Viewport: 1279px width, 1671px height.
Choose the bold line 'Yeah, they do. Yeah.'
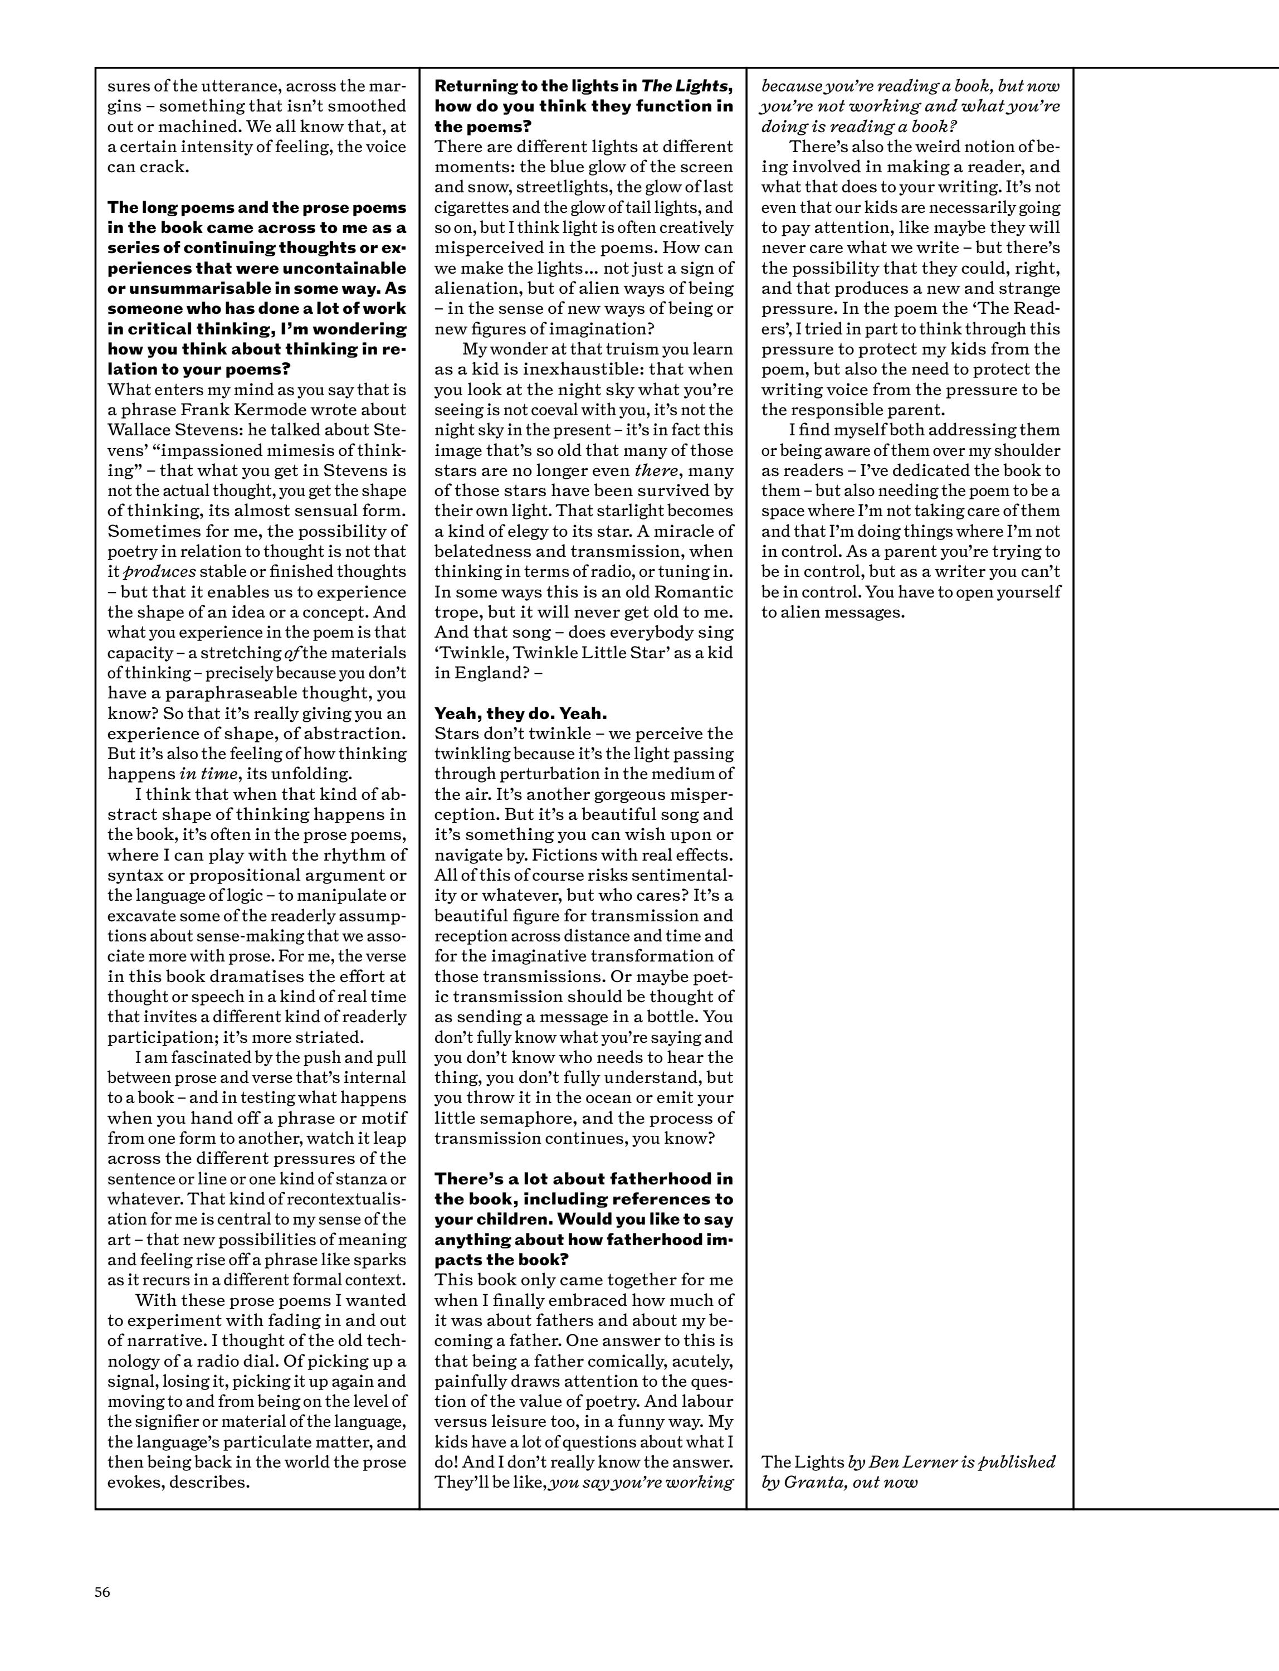(x=520, y=713)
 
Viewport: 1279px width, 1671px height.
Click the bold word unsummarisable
(x=197, y=288)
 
